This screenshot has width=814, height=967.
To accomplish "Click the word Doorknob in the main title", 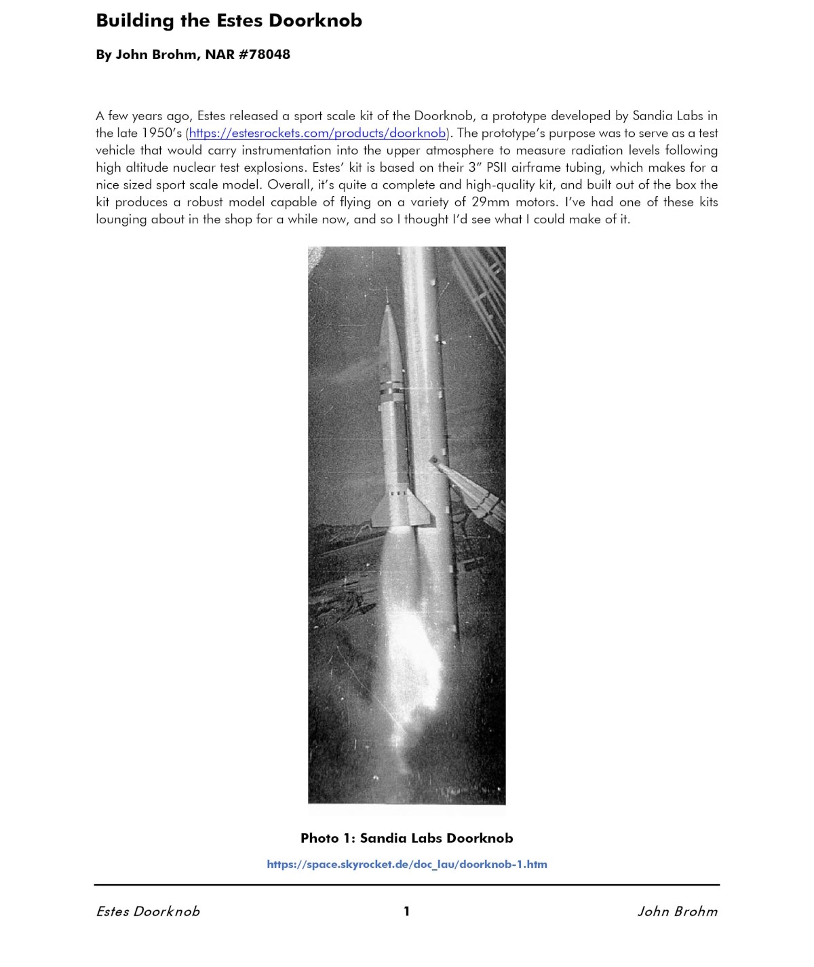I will (x=315, y=20).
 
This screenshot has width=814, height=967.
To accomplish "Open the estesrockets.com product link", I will (x=317, y=133).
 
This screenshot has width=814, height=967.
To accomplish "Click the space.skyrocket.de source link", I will (x=406, y=864).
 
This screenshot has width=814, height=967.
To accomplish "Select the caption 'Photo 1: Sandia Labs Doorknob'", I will (x=406, y=838).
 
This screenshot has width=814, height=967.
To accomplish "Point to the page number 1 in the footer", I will (x=406, y=911).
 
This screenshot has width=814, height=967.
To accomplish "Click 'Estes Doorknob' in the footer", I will (x=148, y=911).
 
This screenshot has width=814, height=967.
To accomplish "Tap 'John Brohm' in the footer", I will (x=677, y=911).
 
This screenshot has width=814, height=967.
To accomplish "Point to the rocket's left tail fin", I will (x=378, y=512).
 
